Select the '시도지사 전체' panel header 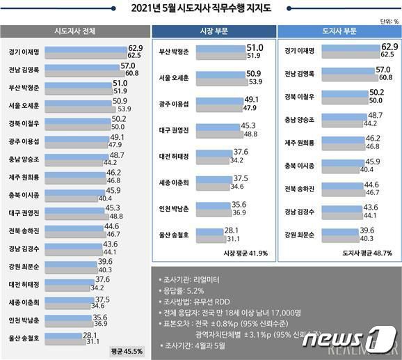(x=74, y=32)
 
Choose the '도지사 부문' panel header (x=338, y=32)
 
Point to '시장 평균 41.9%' (x=246, y=253)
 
